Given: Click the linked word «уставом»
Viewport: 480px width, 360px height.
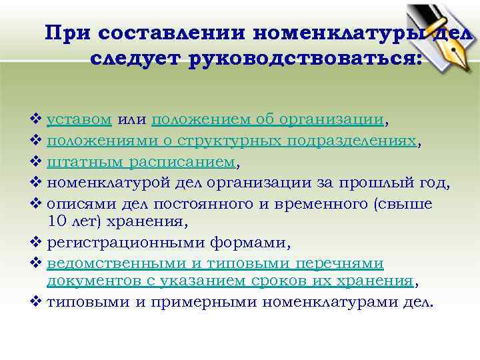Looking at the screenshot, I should (79, 119).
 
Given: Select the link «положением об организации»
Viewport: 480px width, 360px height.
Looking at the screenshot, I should (268, 120).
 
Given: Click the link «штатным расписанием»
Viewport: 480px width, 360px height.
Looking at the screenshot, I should (141, 161).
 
